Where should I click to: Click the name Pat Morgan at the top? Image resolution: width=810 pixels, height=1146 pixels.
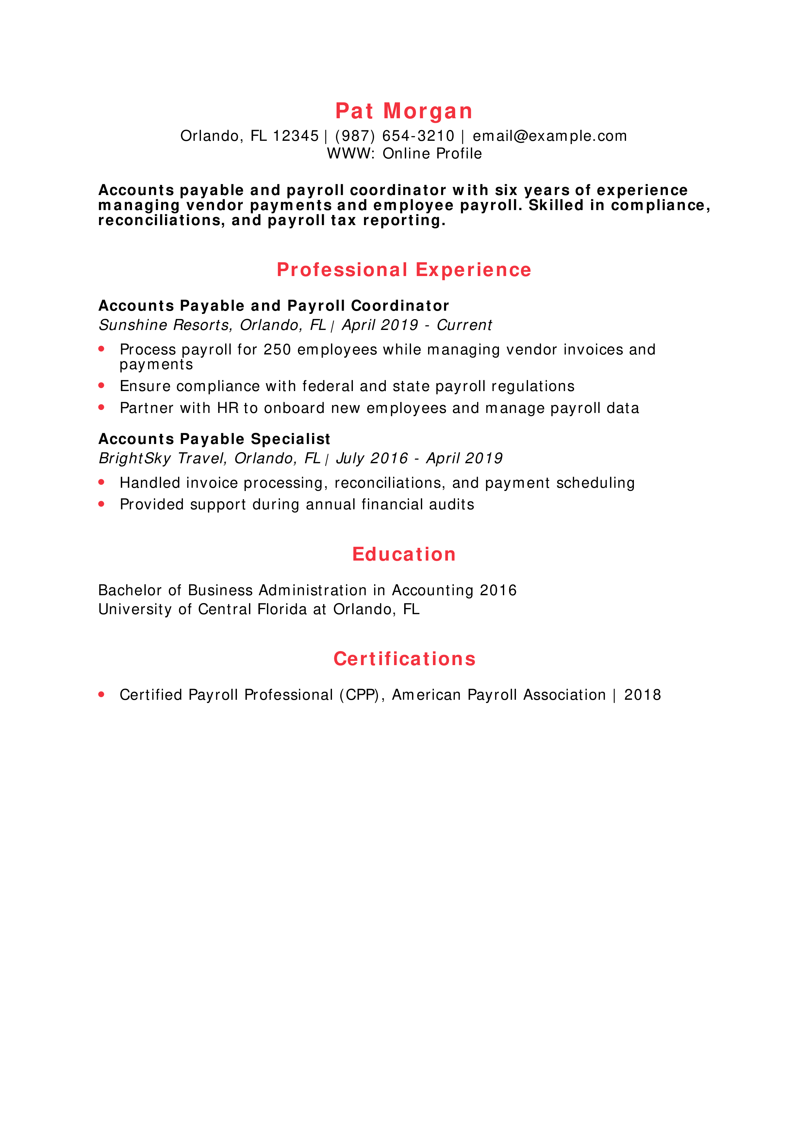click(404, 111)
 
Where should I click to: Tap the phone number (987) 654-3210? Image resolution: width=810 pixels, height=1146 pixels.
click(395, 136)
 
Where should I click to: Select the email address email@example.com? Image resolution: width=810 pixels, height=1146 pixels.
click(550, 136)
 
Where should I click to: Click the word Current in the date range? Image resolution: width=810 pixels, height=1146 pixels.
click(464, 325)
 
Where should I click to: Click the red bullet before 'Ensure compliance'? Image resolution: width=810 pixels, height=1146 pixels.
click(101, 385)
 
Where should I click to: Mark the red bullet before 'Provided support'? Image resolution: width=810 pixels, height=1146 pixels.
click(101, 504)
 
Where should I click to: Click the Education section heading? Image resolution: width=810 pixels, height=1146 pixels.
click(404, 554)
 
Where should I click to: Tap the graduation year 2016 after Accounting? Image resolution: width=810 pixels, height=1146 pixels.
click(498, 590)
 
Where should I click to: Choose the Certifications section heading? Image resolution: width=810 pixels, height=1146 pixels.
click(404, 659)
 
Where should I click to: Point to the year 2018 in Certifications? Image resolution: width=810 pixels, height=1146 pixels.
click(642, 695)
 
